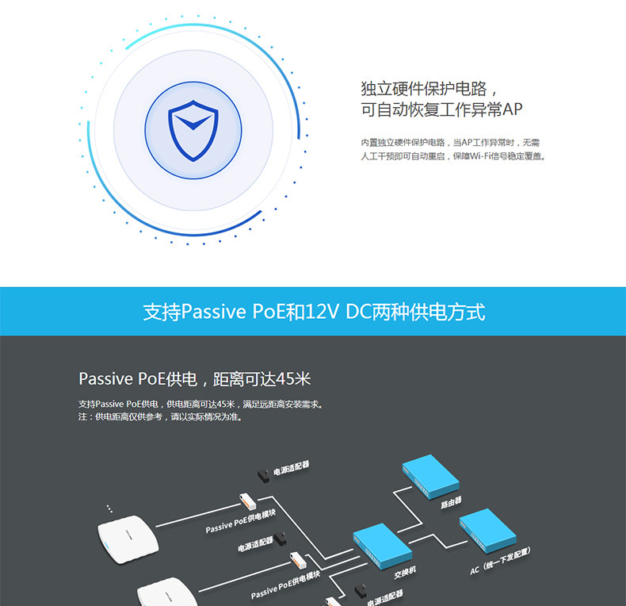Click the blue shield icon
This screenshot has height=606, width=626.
[193, 131]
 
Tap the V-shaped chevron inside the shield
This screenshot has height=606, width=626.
[193, 122]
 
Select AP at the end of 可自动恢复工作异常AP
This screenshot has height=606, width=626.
[512, 109]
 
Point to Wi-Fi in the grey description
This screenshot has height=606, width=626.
[480, 156]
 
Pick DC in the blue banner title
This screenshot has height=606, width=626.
[358, 312]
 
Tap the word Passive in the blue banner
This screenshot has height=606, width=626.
[214, 312]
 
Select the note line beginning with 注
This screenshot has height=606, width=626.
[161, 417]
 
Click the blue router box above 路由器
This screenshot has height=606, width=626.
[431, 476]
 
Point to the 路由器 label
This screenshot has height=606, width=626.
[451, 502]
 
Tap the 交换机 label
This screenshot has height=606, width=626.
[405, 572]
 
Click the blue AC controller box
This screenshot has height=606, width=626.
[487, 531]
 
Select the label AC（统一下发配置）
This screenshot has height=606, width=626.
[500, 561]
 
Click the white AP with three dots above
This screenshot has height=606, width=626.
[128, 539]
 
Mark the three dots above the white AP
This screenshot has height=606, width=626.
[109, 508]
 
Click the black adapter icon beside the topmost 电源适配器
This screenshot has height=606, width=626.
[264, 476]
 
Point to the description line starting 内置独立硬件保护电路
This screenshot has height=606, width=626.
[450, 143]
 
